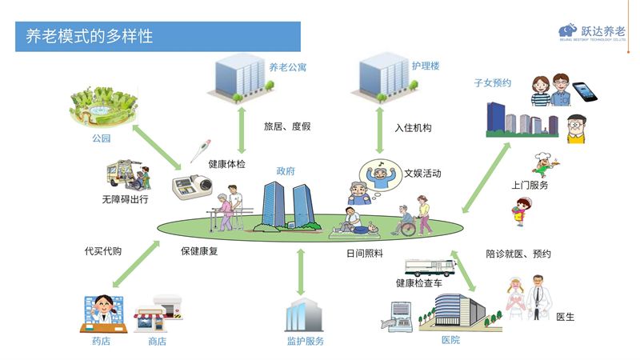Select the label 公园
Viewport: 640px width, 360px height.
[x=99, y=138]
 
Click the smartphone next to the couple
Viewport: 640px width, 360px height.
[x=586, y=90]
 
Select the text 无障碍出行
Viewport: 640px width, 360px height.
[x=125, y=198]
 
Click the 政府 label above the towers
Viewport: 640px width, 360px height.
[x=286, y=171]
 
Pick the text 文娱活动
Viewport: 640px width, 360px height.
[x=422, y=173]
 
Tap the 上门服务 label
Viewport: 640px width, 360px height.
[x=530, y=185]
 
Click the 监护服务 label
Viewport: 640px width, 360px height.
[x=305, y=341]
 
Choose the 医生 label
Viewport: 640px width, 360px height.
[x=565, y=317]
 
